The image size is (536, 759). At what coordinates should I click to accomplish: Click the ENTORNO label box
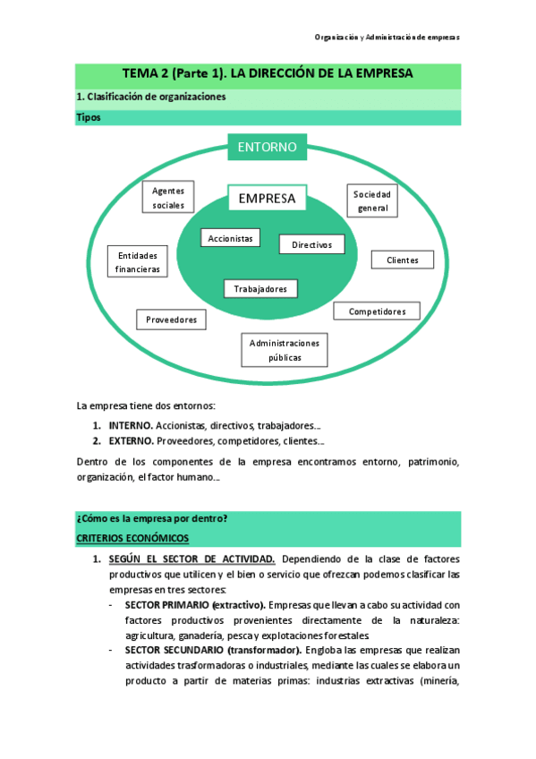tap(268, 147)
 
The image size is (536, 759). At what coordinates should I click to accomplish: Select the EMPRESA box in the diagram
tap(268, 199)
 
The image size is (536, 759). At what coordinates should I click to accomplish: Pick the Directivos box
tap(311, 244)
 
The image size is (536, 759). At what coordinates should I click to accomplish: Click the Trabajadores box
tap(260, 289)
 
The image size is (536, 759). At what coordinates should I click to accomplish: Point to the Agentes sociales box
tap(167, 198)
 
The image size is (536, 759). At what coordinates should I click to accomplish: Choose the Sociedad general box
tap(372, 201)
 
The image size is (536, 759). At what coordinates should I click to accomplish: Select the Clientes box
tap(402, 260)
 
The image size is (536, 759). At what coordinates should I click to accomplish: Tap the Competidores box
tap(377, 311)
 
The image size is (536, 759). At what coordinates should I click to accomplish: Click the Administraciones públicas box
tap(285, 350)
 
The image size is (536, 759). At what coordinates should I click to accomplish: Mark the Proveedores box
tap(171, 320)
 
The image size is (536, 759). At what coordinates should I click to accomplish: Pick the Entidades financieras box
tap(137, 261)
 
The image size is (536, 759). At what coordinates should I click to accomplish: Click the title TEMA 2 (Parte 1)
tap(268, 74)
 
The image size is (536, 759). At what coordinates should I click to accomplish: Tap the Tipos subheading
tap(89, 117)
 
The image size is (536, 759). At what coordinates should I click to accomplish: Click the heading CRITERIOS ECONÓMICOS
tap(132, 538)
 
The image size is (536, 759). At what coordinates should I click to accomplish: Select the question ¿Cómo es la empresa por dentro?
tap(151, 519)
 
